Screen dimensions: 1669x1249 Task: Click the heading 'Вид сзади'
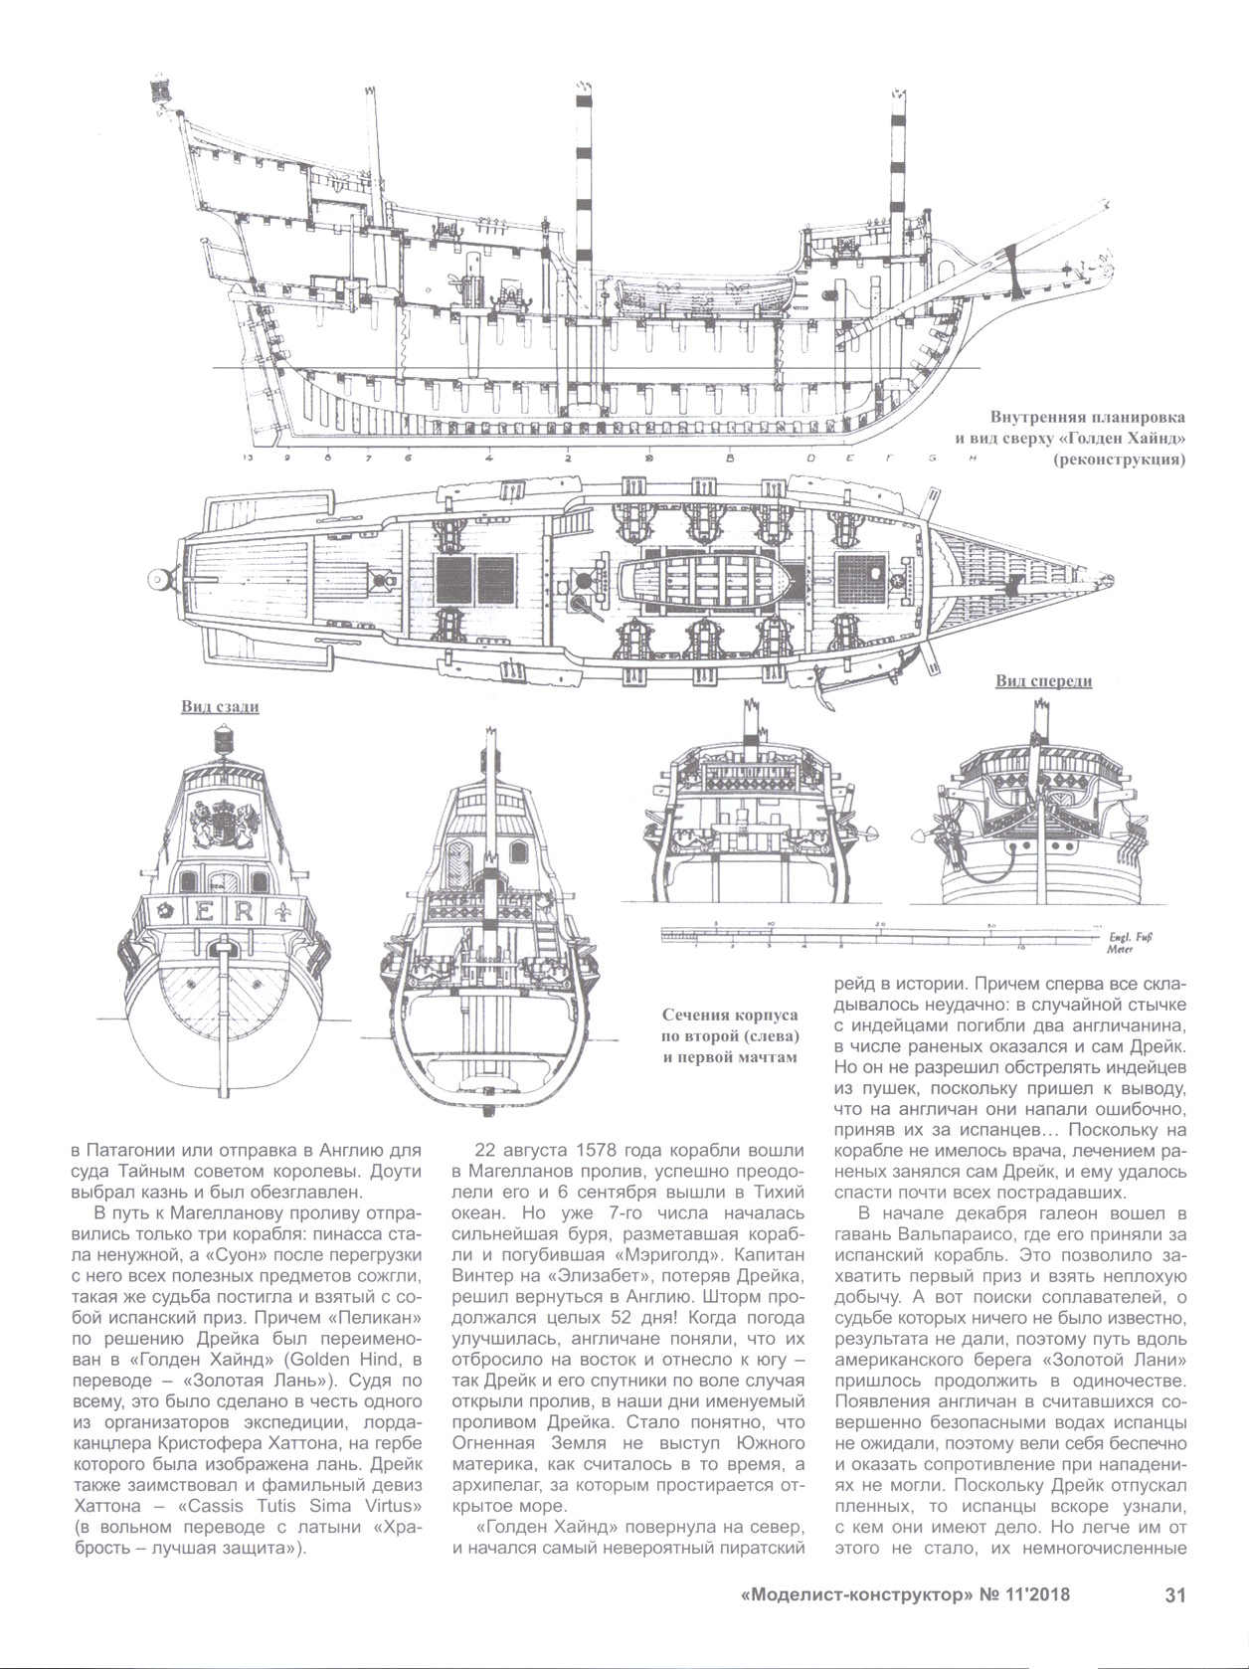tap(220, 707)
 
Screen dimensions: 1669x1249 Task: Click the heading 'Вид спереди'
tap(1043, 681)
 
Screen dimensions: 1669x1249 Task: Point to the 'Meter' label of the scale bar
tap(1120, 949)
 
